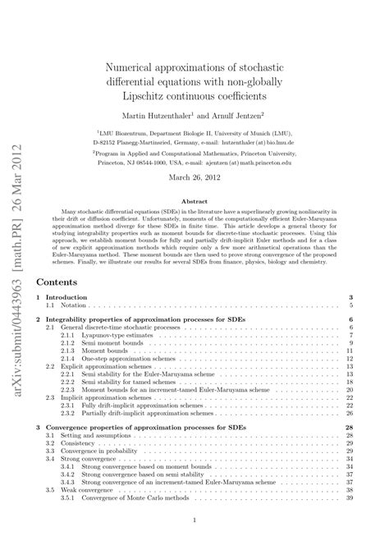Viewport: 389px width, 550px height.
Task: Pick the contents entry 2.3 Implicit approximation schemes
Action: [x=115, y=397]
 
